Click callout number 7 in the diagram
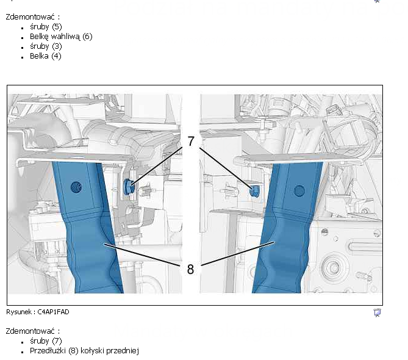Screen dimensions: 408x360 tap(191, 141)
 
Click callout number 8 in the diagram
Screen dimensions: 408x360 tap(190, 269)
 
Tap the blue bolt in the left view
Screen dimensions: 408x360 tap(129, 186)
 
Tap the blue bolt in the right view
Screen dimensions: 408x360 tap(254, 191)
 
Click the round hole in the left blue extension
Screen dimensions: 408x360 tap(76, 187)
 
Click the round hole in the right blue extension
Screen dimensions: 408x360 tap(299, 191)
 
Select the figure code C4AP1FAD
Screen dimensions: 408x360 tap(53, 312)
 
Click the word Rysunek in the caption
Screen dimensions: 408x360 tap(19, 312)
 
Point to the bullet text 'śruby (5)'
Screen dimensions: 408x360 tap(46, 27)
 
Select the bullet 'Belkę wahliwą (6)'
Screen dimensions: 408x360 tap(61, 37)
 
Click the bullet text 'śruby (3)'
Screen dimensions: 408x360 tap(46, 46)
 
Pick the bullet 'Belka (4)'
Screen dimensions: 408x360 tap(46, 56)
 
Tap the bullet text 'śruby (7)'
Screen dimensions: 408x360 tap(46, 341)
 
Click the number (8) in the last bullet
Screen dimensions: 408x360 tap(73, 351)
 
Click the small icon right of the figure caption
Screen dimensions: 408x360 tap(377, 312)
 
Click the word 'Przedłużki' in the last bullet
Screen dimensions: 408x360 tap(48, 351)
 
